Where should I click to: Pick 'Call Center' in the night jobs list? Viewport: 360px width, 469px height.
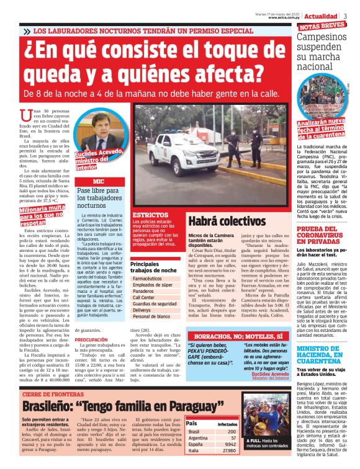coord(144,297)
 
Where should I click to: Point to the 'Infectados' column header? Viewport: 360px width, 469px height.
coord(226,424)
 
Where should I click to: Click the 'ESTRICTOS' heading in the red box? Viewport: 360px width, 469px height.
coord(145,215)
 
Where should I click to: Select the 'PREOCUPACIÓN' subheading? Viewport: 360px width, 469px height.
coord(92,340)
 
